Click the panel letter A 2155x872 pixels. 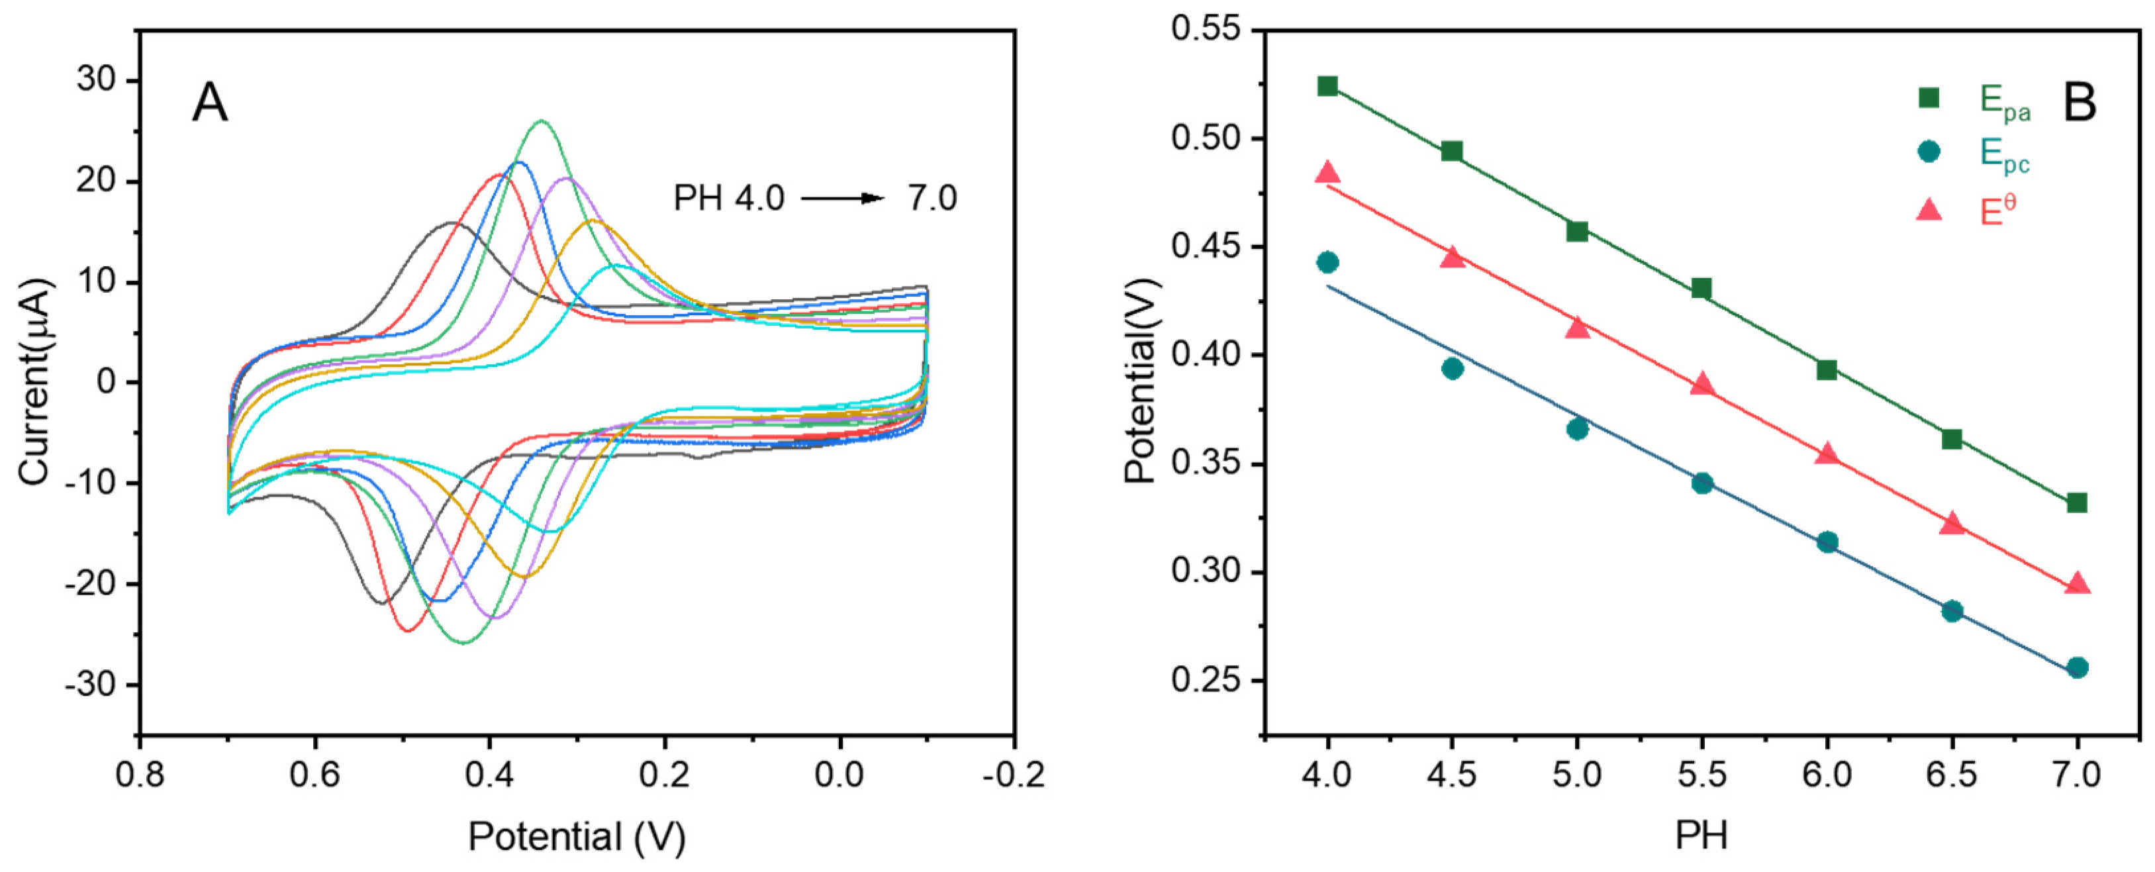point(209,105)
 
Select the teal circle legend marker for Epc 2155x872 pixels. point(1929,152)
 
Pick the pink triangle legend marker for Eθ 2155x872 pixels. point(1929,209)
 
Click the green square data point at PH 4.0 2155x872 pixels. point(1327,86)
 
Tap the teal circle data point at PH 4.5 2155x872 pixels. point(1453,368)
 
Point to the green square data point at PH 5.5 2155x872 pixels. point(1701,289)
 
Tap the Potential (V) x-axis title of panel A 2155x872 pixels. point(577,836)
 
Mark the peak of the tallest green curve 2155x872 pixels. point(542,121)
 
